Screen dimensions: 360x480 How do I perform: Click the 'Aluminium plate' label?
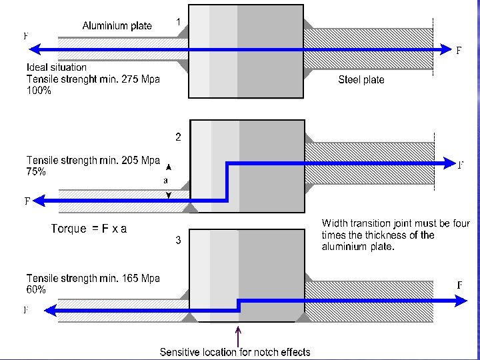click(x=117, y=26)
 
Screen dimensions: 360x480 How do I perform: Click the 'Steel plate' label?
click(x=361, y=79)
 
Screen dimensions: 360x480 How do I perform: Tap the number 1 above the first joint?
click(x=179, y=22)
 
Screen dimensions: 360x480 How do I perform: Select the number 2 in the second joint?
click(x=178, y=137)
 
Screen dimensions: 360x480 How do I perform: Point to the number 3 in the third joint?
click(x=178, y=241)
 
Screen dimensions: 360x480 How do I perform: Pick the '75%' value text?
click(x=36, y=171)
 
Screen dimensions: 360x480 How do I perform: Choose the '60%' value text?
click(x=36, y=290)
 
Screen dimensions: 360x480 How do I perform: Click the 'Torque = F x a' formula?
click(x=89, y=229)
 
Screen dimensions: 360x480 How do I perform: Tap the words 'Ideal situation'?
click(x=57, y=67)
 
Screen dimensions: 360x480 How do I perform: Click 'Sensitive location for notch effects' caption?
click(x=235, y=351)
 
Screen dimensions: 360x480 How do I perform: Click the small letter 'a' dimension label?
click(x=167, y=180)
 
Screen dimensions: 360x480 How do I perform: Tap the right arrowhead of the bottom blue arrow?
click(x=461, y=301)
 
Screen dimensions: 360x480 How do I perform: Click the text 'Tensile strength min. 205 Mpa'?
click(x=93, y=160)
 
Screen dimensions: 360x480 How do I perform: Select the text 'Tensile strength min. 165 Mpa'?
click(x=93, y=278)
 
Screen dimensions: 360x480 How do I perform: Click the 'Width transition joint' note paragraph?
click(x=395, y=235)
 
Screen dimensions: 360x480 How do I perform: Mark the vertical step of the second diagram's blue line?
click(x=228, y=181)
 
